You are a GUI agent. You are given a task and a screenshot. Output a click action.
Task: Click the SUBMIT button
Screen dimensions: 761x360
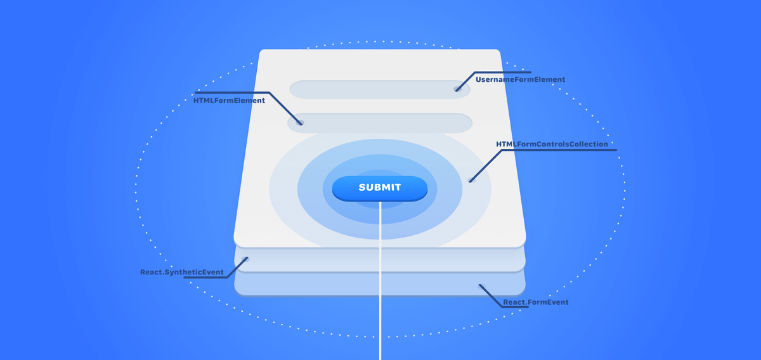(379, 188)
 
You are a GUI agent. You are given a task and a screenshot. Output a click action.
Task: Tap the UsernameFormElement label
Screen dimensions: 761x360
(520, 80)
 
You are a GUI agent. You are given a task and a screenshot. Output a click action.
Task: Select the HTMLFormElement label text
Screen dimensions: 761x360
(229, 101)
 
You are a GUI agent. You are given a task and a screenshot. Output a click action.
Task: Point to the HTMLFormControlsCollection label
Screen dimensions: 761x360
(552, 145)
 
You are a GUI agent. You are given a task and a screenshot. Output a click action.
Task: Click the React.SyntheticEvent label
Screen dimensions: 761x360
(182, 273)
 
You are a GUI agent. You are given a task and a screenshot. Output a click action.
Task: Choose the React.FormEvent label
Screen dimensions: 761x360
(535, 303)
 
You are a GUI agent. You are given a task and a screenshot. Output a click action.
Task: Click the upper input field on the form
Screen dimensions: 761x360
(379, 89)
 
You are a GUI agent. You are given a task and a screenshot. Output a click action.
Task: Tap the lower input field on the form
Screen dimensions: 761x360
(379, 123)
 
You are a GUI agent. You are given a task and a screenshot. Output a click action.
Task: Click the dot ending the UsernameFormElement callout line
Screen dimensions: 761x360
(457, 89)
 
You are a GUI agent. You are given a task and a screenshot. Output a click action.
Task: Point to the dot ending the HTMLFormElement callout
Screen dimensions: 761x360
(301, 123)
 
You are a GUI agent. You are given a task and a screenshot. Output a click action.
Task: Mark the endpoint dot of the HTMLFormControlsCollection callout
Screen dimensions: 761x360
(471, 181)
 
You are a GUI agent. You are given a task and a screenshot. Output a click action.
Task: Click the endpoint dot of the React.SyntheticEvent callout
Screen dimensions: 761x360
(247, 259)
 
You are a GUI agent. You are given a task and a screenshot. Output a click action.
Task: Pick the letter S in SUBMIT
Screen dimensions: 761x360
(362, 188)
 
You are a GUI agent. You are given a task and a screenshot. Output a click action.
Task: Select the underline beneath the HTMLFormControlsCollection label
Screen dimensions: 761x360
(571, 150)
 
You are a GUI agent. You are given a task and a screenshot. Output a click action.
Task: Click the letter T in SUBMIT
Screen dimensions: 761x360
(398, 188)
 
